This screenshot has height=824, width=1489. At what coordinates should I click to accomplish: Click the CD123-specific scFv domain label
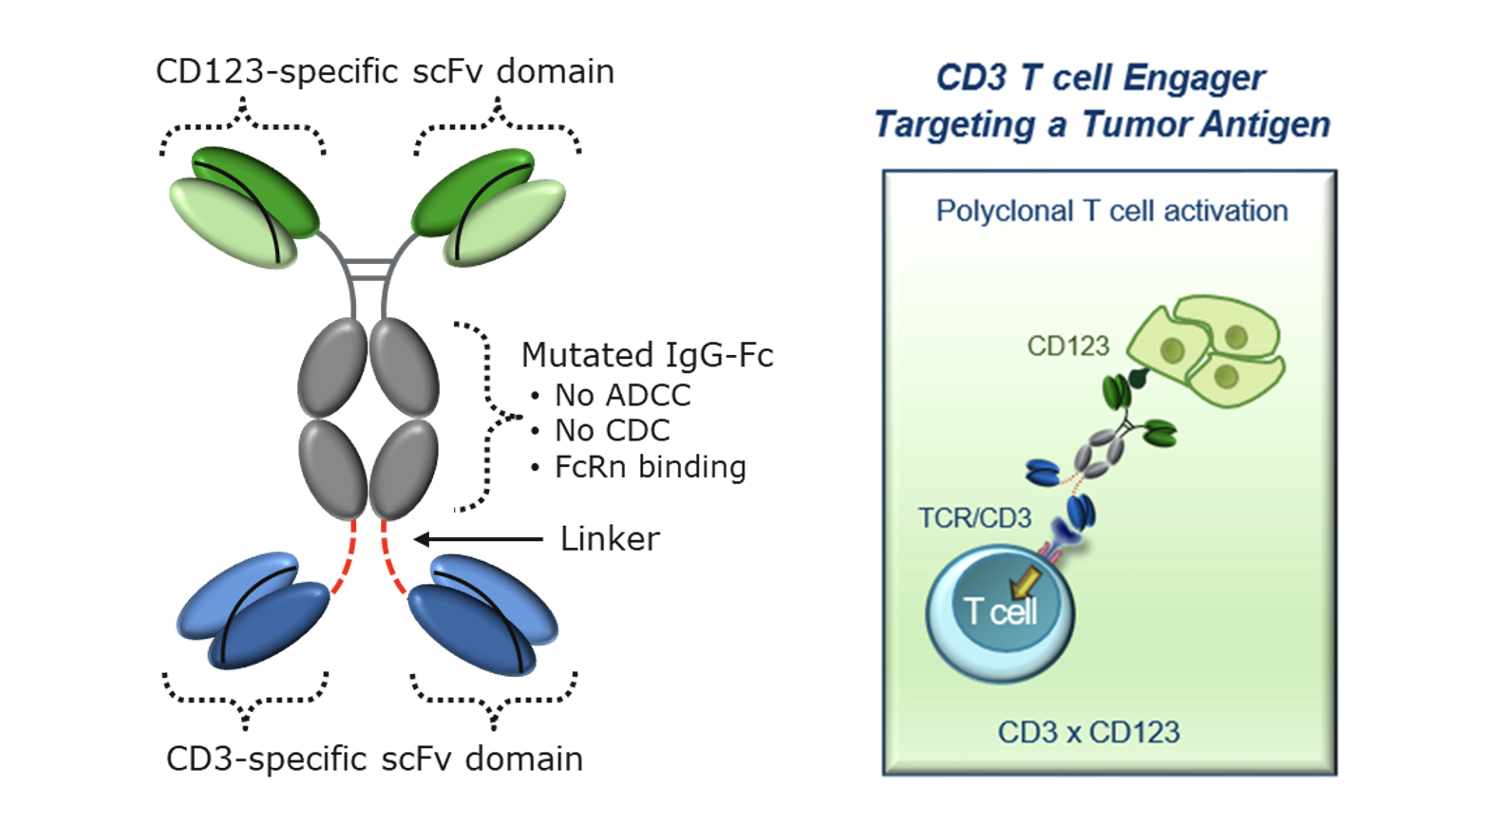[385, 72]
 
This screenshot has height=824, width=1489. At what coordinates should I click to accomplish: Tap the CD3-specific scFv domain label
[374, 759]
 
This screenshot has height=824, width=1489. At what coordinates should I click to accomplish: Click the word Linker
[610, 539]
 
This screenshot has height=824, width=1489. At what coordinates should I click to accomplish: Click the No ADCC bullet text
[622, 395]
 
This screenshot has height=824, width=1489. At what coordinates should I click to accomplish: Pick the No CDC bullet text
[612, 431]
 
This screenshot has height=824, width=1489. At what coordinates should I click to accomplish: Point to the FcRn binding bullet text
[650, 467]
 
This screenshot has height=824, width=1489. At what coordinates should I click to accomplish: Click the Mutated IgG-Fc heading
[647, 355]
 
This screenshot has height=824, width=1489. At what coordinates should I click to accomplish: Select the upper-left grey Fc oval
[332, 367]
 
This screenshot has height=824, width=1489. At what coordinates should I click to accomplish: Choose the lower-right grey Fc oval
[404, 470]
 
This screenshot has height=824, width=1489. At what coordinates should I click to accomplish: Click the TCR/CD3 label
[974, 518]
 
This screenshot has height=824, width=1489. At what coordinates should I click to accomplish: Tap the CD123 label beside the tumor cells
[1067, 346]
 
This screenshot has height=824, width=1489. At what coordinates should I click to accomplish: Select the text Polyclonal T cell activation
[1111, 211]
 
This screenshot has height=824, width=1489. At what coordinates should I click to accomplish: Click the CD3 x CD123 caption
[1088, 733]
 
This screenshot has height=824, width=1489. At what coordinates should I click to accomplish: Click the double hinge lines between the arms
[368, 269]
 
